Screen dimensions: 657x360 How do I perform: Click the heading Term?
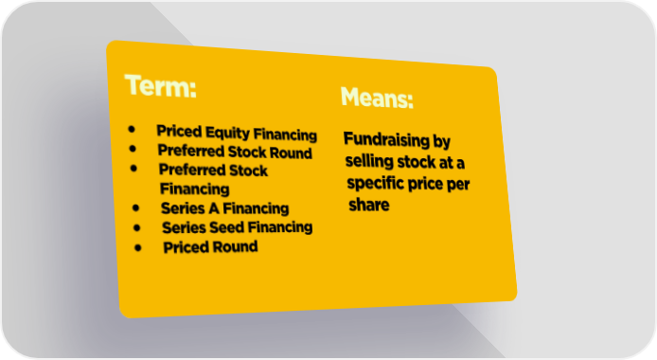161,86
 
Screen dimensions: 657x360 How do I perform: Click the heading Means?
377,98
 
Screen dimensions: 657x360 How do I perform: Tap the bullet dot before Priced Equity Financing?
132,129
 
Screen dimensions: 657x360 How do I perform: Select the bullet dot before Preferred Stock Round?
133,149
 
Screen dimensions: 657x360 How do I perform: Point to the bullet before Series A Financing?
135,207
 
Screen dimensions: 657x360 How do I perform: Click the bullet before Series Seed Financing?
137,227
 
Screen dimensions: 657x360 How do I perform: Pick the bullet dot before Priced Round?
138,247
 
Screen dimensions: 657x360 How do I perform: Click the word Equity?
227,134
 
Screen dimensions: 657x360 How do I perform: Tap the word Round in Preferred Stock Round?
291,153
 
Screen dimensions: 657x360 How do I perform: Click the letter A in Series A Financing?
214,207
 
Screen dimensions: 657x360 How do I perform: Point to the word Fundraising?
386,139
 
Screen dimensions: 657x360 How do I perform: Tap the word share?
369,205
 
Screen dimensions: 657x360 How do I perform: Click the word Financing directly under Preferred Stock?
195,189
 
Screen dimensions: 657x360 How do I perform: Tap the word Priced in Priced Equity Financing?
179,131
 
